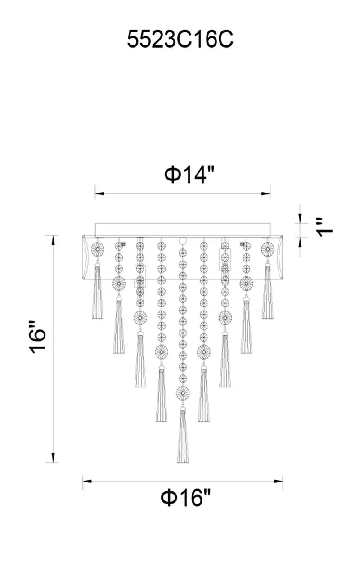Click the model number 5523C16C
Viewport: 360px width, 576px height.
[x=180, y=39]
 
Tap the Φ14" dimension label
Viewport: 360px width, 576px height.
[x=189, y=175]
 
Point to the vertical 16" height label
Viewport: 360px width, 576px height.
[x=37, y=337]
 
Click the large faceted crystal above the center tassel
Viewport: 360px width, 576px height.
[x=183, y=400]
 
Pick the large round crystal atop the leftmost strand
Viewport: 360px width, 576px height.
[x=98, y=249]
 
